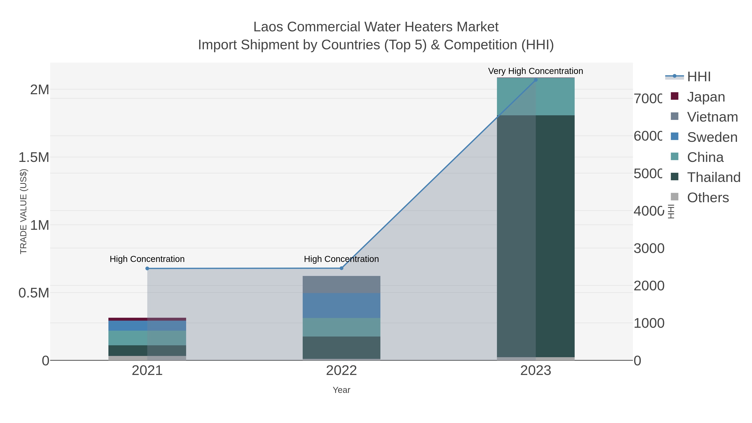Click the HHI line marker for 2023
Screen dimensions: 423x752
(x=535, y=80)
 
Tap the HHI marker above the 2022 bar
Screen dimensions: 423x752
(x=341, y=268)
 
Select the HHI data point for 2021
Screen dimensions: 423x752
(x=147, y=268)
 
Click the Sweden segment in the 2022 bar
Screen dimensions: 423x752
(x=341, y=305)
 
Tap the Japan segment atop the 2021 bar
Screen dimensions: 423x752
(x=147, y=319)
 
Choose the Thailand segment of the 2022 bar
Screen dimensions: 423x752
(x=341, y=347)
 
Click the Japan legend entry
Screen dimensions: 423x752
(x=706, y=97)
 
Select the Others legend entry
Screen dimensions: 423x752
(x=708, y=197)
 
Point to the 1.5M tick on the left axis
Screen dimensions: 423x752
(x=34, y=157)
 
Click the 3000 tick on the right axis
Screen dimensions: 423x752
(x=649, y=248)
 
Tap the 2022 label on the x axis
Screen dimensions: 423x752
(x=341, y=370)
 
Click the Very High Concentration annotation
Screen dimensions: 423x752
(x=535, y=71)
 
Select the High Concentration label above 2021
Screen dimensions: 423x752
(x=147, y=259)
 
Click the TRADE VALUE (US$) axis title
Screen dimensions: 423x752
(x=23, y=211)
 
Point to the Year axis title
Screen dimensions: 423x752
(x=341, y=390)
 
